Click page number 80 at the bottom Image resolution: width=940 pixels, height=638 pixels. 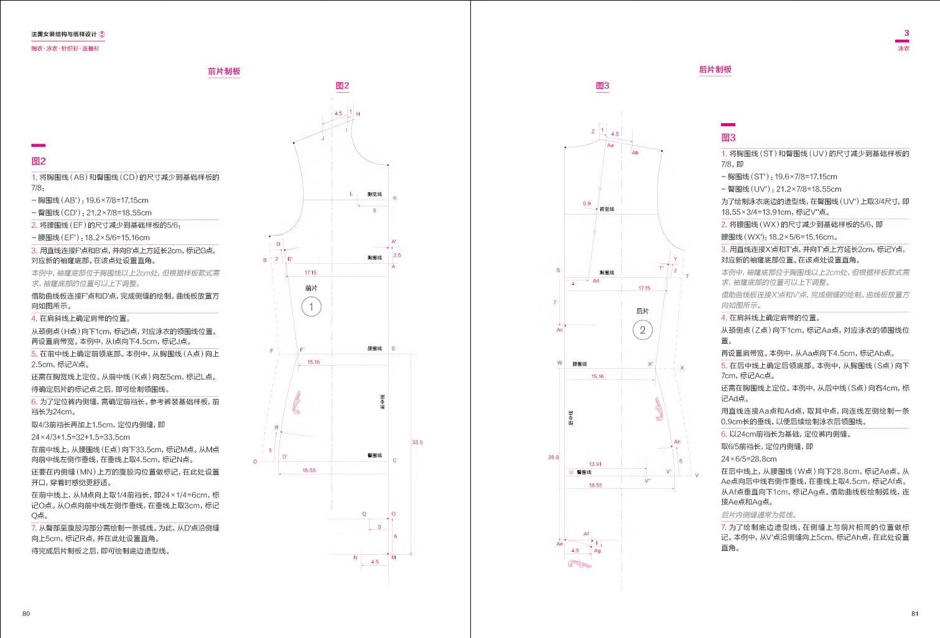26,614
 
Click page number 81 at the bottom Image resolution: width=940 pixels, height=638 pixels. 914,614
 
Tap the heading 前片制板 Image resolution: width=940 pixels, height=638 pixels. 224,72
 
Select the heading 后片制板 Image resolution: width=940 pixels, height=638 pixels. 715,70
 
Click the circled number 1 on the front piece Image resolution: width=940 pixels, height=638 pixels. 311,307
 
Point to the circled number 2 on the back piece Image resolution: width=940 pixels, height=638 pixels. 643,330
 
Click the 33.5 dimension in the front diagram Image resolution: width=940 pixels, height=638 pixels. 417,442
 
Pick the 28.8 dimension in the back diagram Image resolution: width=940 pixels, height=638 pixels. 553,457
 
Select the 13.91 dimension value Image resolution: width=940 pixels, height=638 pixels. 595,464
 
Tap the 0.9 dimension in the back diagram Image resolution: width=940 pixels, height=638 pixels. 587,203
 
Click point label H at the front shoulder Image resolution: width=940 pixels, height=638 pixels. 358,114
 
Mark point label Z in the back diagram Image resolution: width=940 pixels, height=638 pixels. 593,131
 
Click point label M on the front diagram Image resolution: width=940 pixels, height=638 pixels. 394,558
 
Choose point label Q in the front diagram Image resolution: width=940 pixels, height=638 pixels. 365,514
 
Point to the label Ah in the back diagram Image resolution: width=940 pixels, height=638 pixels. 677,442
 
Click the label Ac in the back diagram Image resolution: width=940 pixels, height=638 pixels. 559,330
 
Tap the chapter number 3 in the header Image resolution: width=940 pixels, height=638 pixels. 906,33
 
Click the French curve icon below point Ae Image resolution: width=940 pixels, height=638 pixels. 580,565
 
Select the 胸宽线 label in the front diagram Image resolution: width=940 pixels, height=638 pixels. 375,195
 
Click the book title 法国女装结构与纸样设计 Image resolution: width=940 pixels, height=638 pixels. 64,35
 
